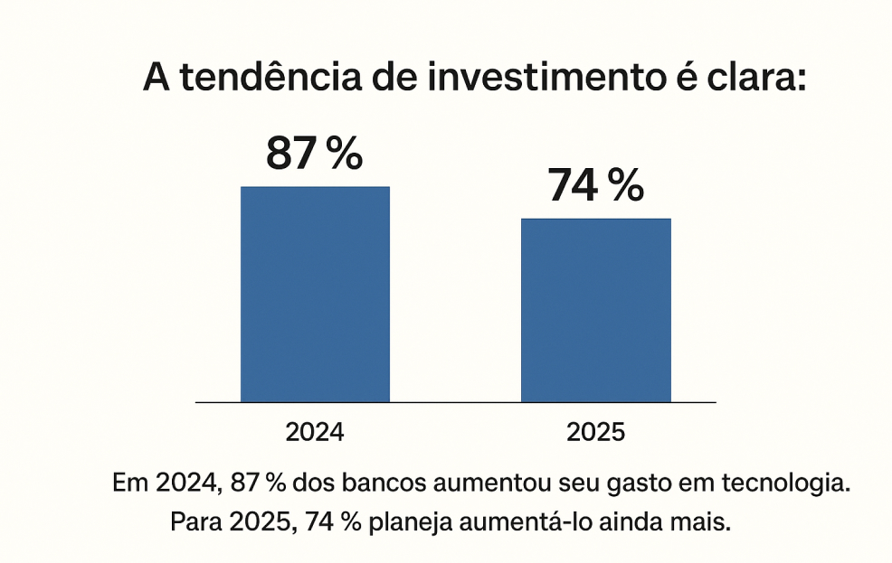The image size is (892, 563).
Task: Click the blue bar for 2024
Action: pyautogui.click(x=315, y=294)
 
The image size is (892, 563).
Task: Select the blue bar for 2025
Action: pyautogui.click(x=595, y=310)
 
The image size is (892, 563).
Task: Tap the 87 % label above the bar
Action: pyautogui.click(x=314, y=155)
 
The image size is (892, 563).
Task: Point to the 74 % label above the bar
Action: pyautogui.click(x=595, y=186)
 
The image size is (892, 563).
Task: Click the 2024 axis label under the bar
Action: pyautogui.click(x=315, y=432)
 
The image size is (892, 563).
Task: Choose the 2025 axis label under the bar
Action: pyautogui.click(x=595, y=432)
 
